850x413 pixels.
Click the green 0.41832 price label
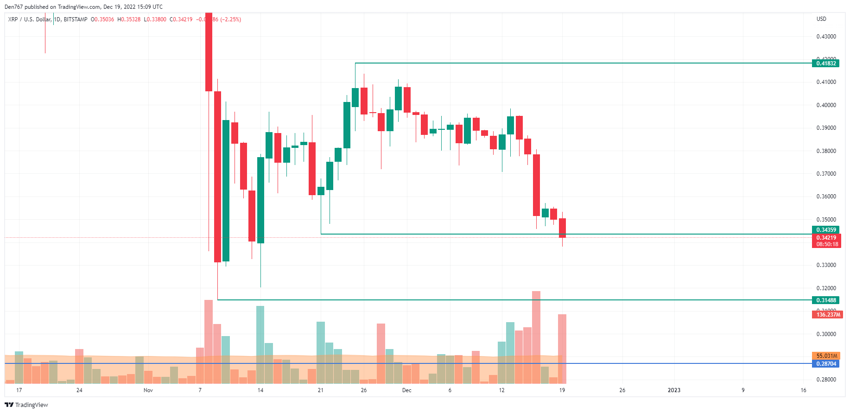(x=825, y=64)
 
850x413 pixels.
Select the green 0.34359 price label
(x=825, y=230)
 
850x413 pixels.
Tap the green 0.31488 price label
(x=825, y=300)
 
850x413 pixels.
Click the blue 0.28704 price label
(x=825, y=364)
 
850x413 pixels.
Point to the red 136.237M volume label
(x=828, y=315)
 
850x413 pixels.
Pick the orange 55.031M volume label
(x=826, y=356)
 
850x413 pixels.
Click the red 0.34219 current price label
(x=826, y=238)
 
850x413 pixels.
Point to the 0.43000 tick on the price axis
(x=826, y=37)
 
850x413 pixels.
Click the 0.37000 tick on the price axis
(x=826, y=174)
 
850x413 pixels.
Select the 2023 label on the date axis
(x=674, y=390)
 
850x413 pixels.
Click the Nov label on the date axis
(x=148, y=390)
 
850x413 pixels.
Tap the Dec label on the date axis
(x=406, y=390)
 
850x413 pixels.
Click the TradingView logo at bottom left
(x=26, y=405)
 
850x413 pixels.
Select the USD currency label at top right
(x=821, y=19)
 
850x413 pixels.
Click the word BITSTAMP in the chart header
(x=76, y=19)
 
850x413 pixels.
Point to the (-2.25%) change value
(x=230, y=19)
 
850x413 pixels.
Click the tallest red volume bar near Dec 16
(x=536, y=337)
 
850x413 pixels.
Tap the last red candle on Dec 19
(x=562, y=228)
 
